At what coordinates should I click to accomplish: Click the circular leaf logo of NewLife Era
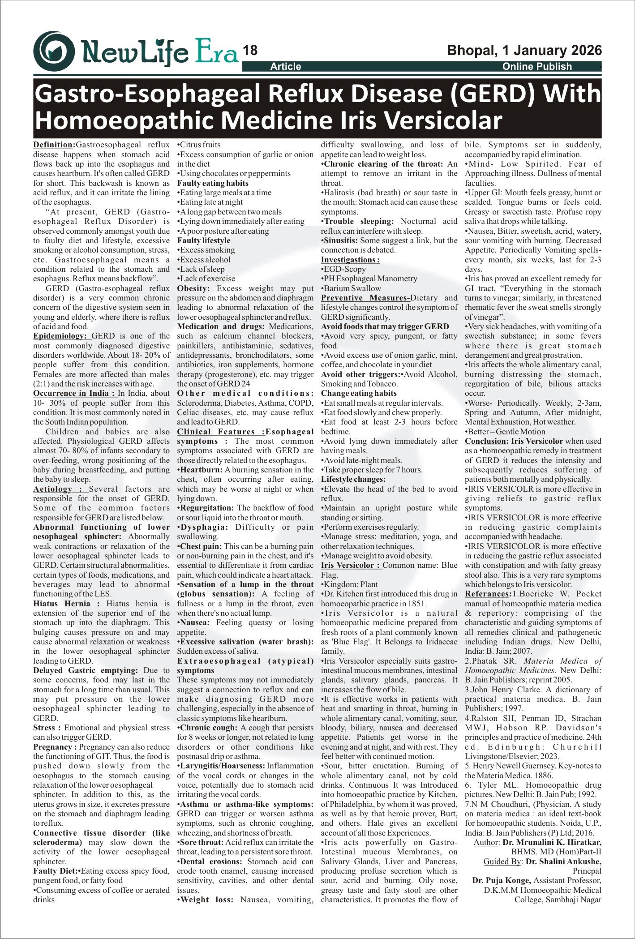(54, 51)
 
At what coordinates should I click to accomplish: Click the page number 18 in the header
(250, 51)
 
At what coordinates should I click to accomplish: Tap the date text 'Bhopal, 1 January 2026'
(524, 51)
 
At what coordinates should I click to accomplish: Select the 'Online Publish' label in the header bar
(537, 67)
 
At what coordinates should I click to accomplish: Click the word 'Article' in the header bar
(285, 67)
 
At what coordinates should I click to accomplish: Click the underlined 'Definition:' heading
(54, 145)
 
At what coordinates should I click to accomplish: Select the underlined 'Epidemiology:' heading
(62, 336)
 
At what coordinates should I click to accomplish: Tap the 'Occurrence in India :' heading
(75, 393)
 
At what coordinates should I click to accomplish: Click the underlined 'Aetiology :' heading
(60, 489)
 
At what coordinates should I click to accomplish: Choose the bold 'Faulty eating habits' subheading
(213, 183)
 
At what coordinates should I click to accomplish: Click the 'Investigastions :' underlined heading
(350, 260)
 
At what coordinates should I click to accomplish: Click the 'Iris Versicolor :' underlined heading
(351, 565)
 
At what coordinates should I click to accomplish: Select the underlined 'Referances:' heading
(488, 594)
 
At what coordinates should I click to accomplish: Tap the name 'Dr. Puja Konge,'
(502, 880)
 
